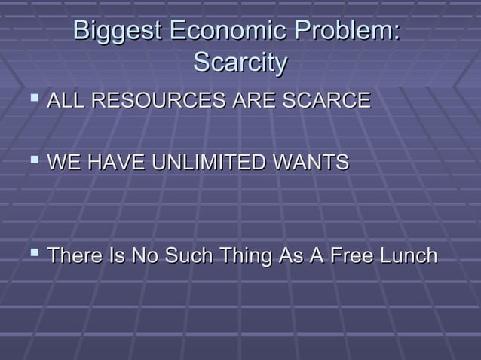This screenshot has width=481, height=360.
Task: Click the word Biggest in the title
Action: click(x=118, y=32)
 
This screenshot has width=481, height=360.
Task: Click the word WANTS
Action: click(x=308, y=163)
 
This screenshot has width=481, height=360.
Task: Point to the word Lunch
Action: click(x=406, y=257)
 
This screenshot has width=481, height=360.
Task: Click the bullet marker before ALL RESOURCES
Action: click(x=29, y=100)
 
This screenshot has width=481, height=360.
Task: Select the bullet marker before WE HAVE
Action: click(x=29, y=163)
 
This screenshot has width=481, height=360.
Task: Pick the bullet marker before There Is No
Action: click(x=29, y=257)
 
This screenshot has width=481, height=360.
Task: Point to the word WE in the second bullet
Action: click(x=63, y=163)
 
